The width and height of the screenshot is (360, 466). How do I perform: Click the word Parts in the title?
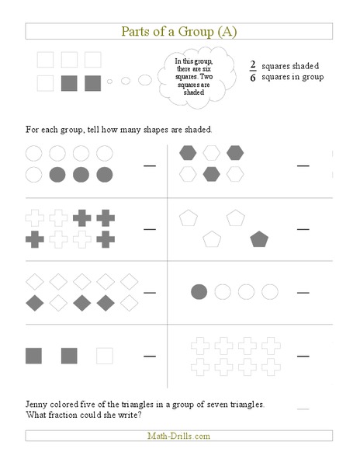point(137,32)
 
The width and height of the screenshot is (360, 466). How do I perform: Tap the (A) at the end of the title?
point(227,32)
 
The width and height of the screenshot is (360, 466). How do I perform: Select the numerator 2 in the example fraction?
point(253,66)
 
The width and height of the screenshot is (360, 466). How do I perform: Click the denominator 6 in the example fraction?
point(253,78)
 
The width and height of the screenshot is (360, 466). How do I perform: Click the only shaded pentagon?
point(259,239)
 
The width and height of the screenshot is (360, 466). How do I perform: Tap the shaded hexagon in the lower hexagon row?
point(210,174)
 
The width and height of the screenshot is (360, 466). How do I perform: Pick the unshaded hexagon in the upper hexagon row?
point(210,152)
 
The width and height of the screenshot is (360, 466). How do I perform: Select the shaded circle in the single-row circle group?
point(199,292)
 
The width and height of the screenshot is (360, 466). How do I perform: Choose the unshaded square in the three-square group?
point(104,356)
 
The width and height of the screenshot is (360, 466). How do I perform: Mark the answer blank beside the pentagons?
point(303,229)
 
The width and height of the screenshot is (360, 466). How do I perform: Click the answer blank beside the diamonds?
point(150,292)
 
